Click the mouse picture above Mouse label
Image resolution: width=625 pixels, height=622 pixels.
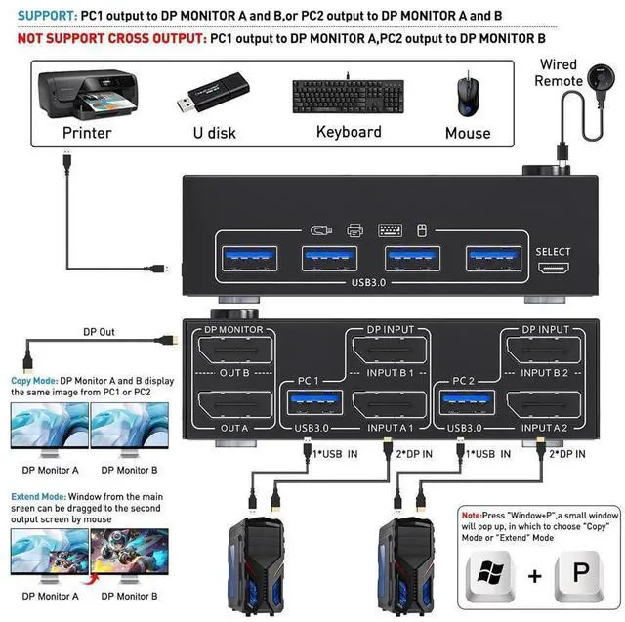pos(466,93)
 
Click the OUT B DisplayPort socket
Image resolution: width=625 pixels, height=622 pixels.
pos(235,350)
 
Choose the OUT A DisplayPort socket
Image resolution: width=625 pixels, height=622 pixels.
pos(235,407)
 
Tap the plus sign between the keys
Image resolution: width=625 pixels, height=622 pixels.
pos(535,576)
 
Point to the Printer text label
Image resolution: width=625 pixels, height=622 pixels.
pos(87,132)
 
